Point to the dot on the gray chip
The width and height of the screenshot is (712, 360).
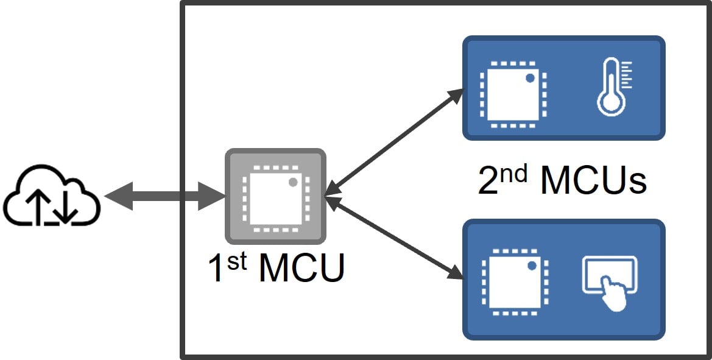(293, 182)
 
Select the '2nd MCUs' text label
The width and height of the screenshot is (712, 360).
(562, 180)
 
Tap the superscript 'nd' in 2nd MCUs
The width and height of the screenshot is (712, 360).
(516, 173)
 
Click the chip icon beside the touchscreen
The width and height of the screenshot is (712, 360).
(513, 280)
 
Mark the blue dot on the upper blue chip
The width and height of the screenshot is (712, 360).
(530, 78)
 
